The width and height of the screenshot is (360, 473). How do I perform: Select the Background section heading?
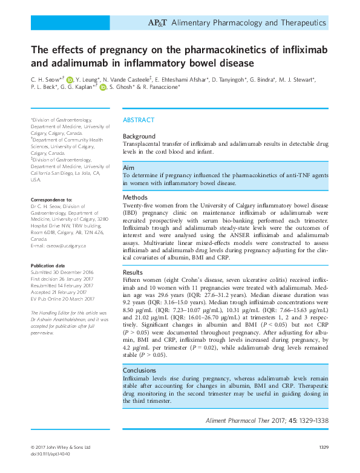pos(139,137)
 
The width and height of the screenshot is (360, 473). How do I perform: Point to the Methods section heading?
pos(136,197)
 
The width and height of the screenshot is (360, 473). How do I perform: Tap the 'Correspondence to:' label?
pos(51,199)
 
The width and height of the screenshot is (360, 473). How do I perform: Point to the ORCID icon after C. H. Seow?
pos(70,79)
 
